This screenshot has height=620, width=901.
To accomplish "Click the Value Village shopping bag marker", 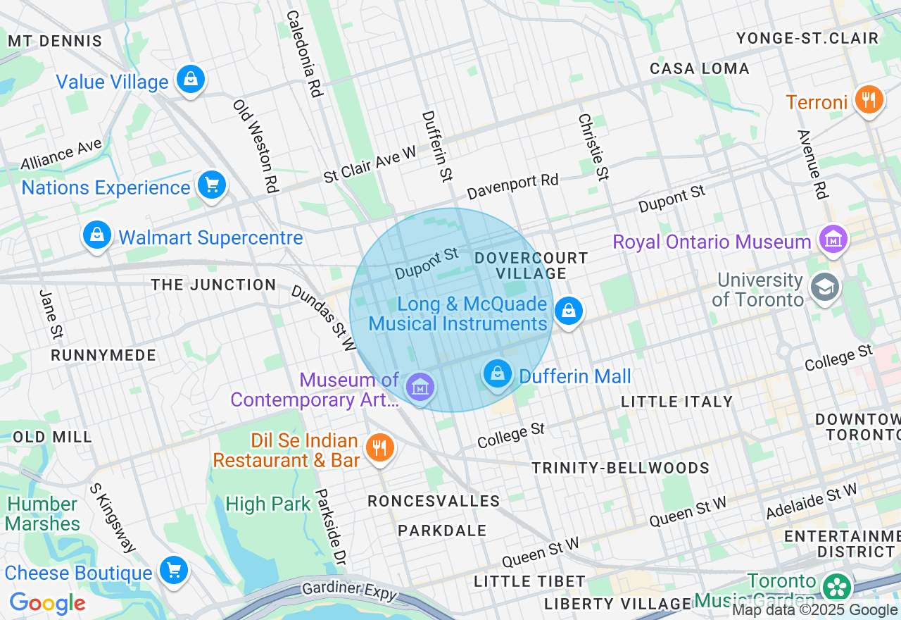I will pos(191,79).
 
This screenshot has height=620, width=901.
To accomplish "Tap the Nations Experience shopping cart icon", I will pos(211,185).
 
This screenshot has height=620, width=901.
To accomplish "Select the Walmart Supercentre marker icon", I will pos(97,235).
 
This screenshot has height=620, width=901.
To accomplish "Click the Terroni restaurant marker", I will pos(869,99).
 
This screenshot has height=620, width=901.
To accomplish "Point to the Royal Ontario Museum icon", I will pos(834,240).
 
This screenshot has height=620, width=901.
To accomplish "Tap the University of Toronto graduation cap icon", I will pos(823,287).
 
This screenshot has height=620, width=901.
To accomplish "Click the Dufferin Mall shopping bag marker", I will pos(498,373).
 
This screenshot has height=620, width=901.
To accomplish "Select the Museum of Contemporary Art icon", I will pos(420,386).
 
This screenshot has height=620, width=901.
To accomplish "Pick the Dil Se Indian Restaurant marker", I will pos(380,447).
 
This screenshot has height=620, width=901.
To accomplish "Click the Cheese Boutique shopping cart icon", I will pos(173,569).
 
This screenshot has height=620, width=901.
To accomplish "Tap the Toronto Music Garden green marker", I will pos(837,587).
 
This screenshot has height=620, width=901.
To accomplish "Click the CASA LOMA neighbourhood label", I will pos(699,68).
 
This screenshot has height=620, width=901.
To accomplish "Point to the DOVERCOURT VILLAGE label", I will pos(531,266).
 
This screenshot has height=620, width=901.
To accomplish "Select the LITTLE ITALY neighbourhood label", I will pos(676,402).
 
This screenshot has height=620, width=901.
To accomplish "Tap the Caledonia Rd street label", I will pos(304,53).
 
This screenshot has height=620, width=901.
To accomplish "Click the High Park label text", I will pos(267,504).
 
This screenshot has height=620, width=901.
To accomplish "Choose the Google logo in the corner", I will pos(47,603).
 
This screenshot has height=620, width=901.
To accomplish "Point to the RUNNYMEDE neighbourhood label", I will pos(103,355).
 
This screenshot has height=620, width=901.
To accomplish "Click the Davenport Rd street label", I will pos(512,186).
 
